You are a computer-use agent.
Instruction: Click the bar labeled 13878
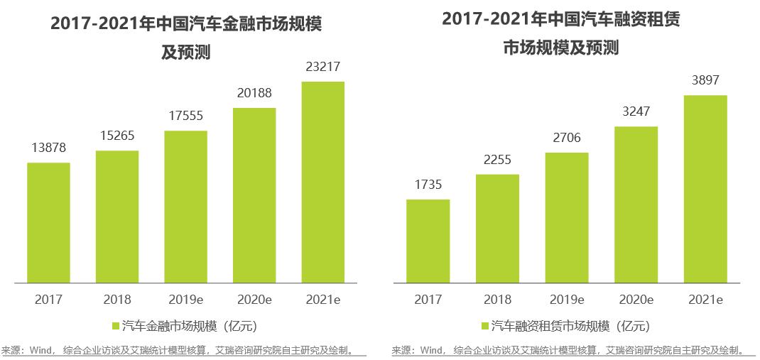click(x=48, y=222)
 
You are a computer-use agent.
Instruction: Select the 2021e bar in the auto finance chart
click(x=323, y=182)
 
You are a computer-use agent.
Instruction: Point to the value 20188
click(x=254, y=93)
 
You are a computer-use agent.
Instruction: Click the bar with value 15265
click(x=117, y=217)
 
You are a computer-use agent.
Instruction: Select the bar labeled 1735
click(x=428, y=241)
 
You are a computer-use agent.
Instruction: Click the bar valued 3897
click(x=705, y=188)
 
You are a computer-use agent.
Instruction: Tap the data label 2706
click(x=566, y=138)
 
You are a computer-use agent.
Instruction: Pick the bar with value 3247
click(x=636, y=204)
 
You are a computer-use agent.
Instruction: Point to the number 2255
click(x=497, y=160)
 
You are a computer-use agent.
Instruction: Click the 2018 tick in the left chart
click(x=117, y=300)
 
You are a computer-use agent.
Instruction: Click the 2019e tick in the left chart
click(x=185, y=300)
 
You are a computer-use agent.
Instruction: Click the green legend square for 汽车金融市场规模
click(x=116, y=326)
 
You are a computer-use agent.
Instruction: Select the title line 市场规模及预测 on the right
click(x=561, y=48)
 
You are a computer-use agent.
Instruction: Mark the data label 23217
click(x=323, y=67)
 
